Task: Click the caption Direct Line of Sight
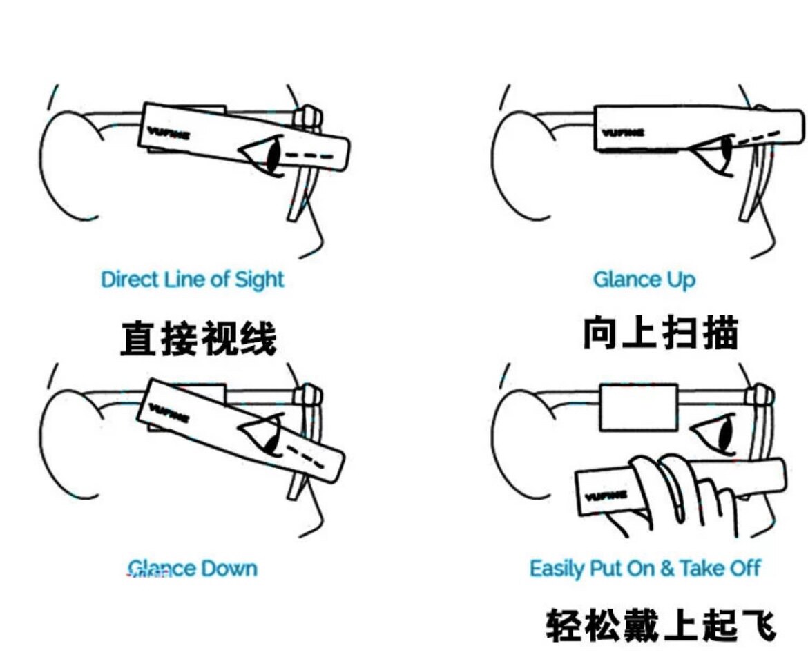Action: click(x=192, y=280)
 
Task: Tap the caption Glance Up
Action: click(x=644, y=280)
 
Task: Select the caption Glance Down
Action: click(x=192, y=569)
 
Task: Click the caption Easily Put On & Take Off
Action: click(x=644, y=569)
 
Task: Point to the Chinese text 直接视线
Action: click(x=198, y=339)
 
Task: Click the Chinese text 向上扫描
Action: click(x=661, y=333)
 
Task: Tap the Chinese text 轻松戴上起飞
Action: click(x=661, y=625)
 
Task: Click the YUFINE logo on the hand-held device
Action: click(x=605, y=495)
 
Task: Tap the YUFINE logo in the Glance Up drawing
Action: click(x=623, y=132)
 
